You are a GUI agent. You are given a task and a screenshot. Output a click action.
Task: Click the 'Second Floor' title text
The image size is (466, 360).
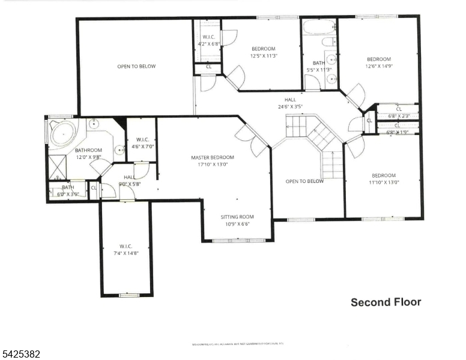click(386, 302)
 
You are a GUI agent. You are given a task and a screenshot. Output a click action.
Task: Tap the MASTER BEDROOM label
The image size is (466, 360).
click(213, 158)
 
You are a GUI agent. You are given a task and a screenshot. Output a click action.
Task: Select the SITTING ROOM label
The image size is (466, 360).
click(237, 217)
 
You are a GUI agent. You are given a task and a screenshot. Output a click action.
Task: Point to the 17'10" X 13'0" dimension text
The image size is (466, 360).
click(213, 165)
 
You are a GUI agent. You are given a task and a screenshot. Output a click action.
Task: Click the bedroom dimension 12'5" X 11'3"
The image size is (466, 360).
click(264, 56)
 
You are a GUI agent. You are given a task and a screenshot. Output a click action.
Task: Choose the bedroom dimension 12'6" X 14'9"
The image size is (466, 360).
click(379, 67)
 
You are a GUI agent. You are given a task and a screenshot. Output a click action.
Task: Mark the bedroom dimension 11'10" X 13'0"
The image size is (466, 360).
click(383, 182)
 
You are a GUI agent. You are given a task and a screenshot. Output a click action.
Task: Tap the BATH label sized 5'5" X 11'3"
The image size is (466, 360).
click(318, 62)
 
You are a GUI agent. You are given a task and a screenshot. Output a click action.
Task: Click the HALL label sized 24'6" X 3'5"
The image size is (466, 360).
click(290, 100)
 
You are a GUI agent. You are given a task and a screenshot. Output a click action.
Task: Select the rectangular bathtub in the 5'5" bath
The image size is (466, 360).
click(319, 27)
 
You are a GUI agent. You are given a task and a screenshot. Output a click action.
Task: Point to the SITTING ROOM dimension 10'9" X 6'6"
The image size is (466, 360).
click(237, 224)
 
